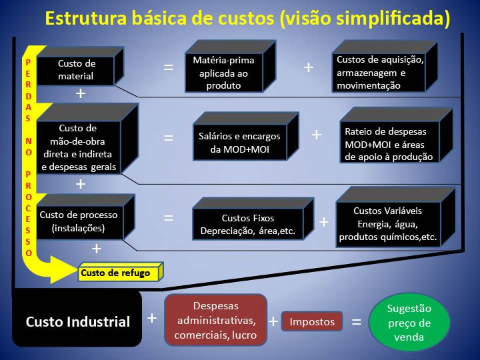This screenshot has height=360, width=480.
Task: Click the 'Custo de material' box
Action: [80, 67]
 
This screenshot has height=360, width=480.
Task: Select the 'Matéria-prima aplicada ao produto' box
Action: [230, 66]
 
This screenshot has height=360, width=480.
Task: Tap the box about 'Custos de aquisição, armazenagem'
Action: [385, 66]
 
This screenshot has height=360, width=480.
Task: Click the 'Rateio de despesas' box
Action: [396, 135]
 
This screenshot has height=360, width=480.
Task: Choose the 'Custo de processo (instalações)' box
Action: [86, 217]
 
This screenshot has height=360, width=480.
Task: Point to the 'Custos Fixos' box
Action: [253, 219]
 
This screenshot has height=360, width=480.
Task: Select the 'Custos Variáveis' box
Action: [395, 217]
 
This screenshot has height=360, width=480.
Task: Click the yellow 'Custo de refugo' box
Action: [121, 271]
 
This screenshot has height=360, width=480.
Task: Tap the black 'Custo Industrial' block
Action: [77, 319]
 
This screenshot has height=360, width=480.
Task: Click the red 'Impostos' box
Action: [312, 321]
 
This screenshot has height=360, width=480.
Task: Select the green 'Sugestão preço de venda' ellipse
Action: [409, 323]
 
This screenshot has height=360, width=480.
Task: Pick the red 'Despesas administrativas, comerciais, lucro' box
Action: [215, 320]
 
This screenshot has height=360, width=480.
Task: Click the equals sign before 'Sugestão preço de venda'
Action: [356, 321]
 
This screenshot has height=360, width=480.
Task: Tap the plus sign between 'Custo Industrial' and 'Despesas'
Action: [152, 319]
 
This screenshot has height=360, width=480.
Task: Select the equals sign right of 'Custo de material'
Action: [169, 67]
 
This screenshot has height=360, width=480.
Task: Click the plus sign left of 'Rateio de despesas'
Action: [317, 135]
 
